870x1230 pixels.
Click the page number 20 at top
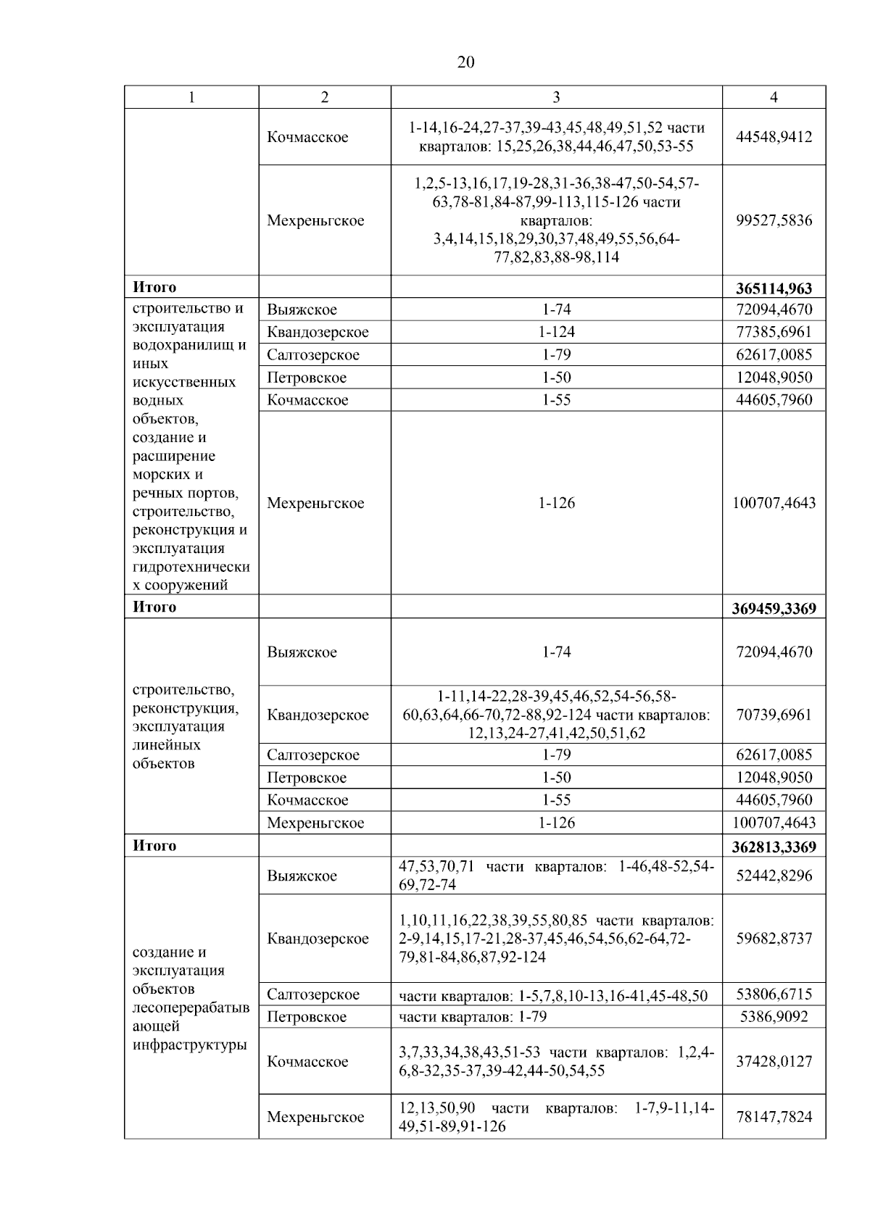pos(465,62)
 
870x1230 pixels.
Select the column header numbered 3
pos(556,97)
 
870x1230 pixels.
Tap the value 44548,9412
pos(774,137)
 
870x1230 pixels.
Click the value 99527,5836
pos(774,220)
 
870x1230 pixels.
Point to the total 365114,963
pos(774,288)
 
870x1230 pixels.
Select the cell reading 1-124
pos(556,332)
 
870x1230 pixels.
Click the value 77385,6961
pos(774,332)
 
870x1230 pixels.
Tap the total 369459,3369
pos(774,608)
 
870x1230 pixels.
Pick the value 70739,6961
pos(774,715)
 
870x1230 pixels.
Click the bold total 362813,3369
pos(774,847)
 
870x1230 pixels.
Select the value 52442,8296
pos(774,876)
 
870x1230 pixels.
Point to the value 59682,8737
pos(774,939)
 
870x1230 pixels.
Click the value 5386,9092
pos(774,1016)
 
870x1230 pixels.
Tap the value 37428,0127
pos(774,1061)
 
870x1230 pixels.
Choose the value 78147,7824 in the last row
pos(774,1117)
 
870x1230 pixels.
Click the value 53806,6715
pos(774,994)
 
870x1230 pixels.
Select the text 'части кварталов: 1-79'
pos(473,1016)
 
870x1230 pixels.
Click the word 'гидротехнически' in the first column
pos(191,566)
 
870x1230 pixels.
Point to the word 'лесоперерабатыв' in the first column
pos(191,1007)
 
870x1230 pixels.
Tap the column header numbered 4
pos(774,97)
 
